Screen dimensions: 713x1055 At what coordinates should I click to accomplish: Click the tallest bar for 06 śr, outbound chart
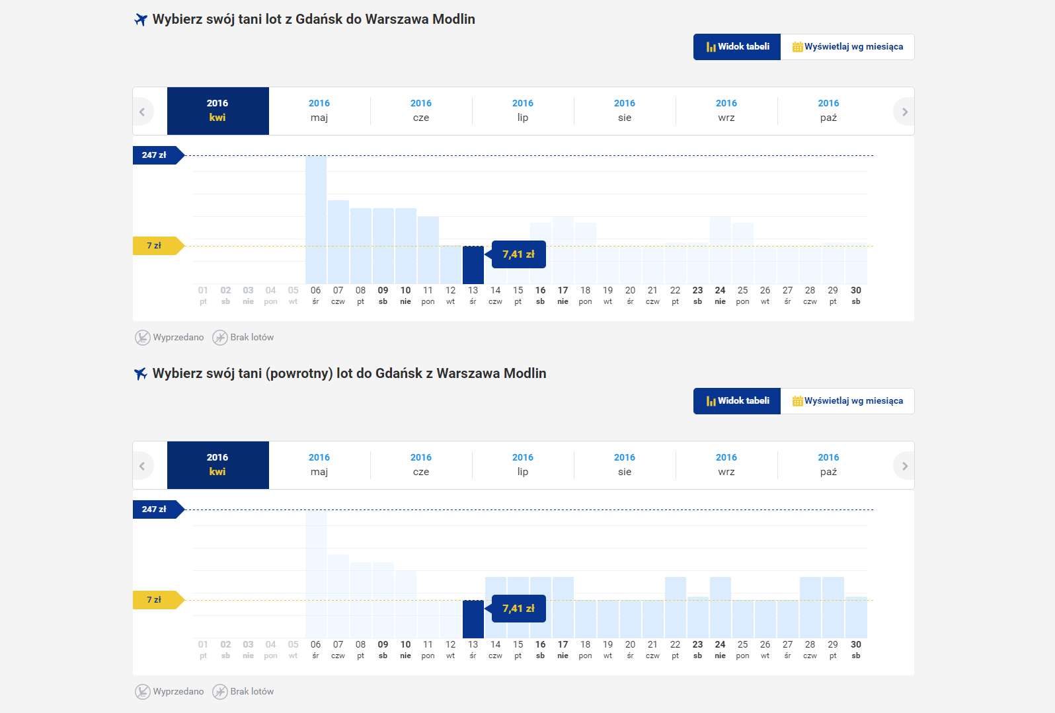coord(316,219)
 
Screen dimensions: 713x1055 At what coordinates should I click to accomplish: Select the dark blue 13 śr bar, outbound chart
coord(473,265)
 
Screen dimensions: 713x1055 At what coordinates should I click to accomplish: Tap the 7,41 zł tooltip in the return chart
coord(519,609)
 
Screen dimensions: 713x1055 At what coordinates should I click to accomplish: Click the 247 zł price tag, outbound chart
coord(155,155)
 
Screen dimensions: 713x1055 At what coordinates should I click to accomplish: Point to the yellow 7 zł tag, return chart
coord(155,600)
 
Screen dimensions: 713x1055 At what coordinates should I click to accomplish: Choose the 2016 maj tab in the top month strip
coord(319,111)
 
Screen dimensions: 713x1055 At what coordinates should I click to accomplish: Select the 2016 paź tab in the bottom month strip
coord(828,465)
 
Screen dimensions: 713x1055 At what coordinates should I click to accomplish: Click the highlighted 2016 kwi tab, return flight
coord(217,465)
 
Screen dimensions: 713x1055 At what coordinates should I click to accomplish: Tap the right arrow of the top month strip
coord(904,112)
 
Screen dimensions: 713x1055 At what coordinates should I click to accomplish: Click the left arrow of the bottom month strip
coord(142,466)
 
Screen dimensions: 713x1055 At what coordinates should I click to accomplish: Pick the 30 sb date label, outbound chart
coord(856,295)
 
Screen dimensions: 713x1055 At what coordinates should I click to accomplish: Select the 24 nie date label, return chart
coord(720,650)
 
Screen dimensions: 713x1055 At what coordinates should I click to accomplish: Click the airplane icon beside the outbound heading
coord(141,20)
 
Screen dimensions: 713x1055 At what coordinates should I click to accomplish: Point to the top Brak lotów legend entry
coord(243,338)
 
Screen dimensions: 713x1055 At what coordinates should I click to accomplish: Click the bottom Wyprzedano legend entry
coord(170,692)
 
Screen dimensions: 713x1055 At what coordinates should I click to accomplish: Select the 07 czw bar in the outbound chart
coord(338,242)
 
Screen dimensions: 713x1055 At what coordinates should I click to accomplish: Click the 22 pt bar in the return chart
coord(675,607)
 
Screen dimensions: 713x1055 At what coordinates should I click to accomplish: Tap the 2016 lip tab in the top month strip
coord(523,111)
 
